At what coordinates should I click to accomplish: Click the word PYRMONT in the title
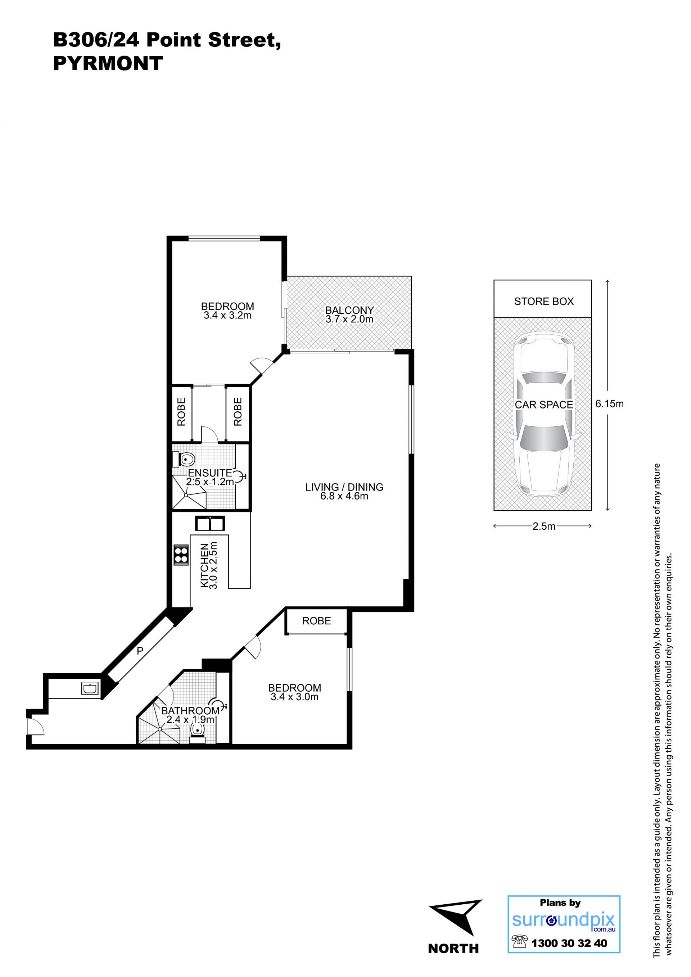click(x=108, y=63)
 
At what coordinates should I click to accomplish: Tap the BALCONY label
click(x=349, y=310)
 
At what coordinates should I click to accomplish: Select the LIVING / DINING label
click(x=344, y=487)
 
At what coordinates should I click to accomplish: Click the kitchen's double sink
click(x=210, y=523)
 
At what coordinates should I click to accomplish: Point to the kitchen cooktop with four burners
click(x=181, y=555)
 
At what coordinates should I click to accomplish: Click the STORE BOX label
click(x=544, y=301)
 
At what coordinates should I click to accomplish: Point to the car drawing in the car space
click(x=543, y=415)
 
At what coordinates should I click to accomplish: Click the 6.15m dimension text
click(x=609, y=403)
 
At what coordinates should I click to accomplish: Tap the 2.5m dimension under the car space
click(x=544, y=526)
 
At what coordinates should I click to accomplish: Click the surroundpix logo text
click(x=563, y=920)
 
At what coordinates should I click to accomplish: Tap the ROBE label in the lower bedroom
click(x=317, y=621)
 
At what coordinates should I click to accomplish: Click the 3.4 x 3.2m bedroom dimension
click(x=228, y=315)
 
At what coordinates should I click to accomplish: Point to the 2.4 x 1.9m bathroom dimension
click(x=190, y=720)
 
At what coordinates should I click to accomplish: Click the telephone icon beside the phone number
click(x=519, y=941)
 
